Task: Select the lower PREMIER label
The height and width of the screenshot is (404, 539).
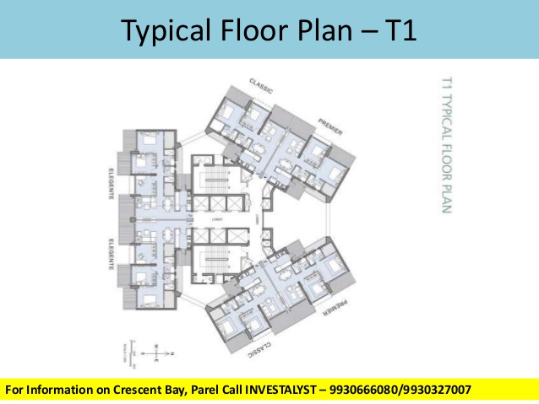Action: [329, 309]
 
